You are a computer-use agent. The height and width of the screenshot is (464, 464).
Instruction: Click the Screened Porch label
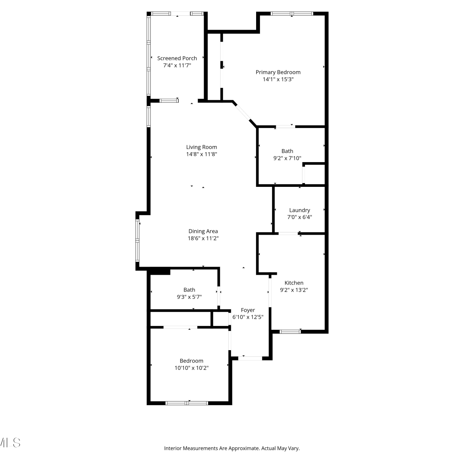pos(177,58)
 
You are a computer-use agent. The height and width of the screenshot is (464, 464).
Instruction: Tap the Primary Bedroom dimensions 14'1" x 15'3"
pos(278,79)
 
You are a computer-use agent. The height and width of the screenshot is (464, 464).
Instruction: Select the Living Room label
pos(201,147)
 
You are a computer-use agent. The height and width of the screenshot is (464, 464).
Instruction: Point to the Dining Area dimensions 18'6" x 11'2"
pos(203,238)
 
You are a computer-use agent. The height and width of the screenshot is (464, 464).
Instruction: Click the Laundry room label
pos(299,210)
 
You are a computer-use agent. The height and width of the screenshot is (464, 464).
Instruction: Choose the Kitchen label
pos(294,283)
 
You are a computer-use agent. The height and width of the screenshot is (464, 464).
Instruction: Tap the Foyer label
pos(248,310)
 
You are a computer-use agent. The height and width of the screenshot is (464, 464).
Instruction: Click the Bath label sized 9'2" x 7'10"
pos(287,151)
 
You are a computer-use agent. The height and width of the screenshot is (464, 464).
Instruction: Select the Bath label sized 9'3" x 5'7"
pos(189,290)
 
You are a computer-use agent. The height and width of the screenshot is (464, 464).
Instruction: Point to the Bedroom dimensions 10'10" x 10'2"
pos(191,368)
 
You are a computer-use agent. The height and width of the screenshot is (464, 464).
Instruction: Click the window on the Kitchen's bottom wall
pos(290,332)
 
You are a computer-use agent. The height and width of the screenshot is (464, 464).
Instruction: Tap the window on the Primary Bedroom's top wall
pos(292,14)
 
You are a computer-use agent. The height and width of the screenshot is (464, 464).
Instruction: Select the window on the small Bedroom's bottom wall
pos(187,403)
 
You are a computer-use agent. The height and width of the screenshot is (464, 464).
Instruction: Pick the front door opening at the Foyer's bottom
pos(250,358)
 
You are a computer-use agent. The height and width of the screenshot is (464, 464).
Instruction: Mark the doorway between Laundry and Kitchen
pos(288,233)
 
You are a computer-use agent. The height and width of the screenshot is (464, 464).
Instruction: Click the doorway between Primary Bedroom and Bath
pos(285,127)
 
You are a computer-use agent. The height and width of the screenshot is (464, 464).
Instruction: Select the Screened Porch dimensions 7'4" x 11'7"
pos(177,65)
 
